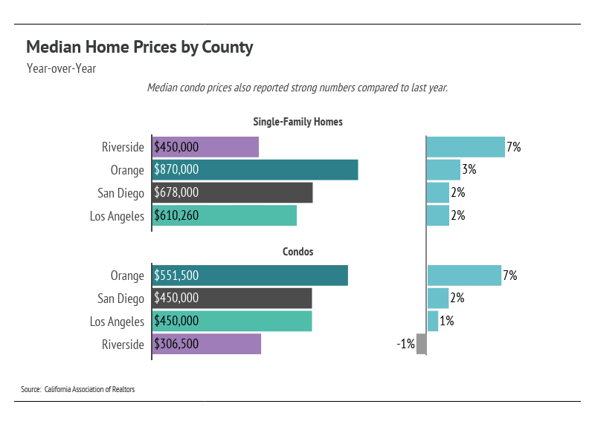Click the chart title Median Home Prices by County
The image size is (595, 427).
(x=140, y=48)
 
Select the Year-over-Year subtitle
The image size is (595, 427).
(x=61, y=69)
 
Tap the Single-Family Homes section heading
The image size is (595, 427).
(x=297, y=122)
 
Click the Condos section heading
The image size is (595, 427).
(x=297, y=252)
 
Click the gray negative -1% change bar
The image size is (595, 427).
(x=421, y=345)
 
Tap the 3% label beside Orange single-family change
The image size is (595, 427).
(x=469, y=170)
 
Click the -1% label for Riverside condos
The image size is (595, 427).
(x=405, y=345)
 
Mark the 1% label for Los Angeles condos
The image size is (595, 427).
(x=446, y=322)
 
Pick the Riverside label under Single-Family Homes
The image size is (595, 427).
(x=123, y=147)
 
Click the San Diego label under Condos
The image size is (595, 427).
(x=120, y=299)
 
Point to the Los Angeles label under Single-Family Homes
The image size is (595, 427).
(x=117, y=216)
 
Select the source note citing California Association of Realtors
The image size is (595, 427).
(x=78, y=389)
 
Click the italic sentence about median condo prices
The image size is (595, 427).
(x=297, y=88)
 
